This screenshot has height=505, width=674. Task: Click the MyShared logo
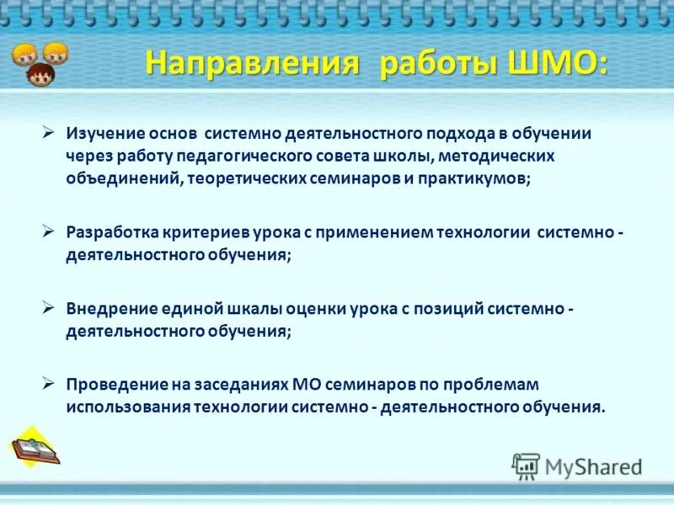(577, 465)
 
